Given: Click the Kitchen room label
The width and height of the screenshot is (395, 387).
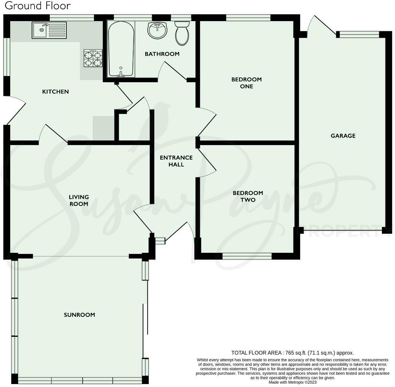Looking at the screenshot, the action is (x=55, y=92).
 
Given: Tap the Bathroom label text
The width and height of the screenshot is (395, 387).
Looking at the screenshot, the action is (x=162, y=54).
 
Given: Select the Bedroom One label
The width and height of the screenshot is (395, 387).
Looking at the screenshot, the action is (x=246, y=83).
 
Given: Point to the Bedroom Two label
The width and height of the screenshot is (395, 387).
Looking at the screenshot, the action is (x=248, y=196).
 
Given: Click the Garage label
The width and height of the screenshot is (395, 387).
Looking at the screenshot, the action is (x=343, y=136).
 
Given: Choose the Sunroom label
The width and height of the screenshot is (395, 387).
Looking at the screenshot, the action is (x=79, y=315).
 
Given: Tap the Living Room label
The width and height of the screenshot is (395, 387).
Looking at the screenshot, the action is (x=79, y=200).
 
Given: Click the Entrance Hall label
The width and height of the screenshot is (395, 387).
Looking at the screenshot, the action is (x=176, y=161).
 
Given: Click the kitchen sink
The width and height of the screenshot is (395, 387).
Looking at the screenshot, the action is (x=49, y=30).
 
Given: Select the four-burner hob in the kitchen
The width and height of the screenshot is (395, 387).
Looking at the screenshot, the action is (x=93, y=58).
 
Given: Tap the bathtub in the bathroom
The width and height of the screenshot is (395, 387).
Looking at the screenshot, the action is (x=121, y=49).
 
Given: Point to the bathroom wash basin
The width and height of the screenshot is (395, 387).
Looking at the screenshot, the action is (x=157, y=30).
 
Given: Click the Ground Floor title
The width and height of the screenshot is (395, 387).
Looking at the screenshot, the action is (x=38, y=5).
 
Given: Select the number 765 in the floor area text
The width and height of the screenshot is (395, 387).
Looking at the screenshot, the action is (x=289, y=353).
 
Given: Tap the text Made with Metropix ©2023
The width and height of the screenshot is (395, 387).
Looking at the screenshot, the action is (x=292, y=382).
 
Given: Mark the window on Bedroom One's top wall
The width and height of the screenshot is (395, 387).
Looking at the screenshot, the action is (x=248, y=17).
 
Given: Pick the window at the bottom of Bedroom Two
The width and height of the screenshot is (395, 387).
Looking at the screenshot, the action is (x=247, y=256).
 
